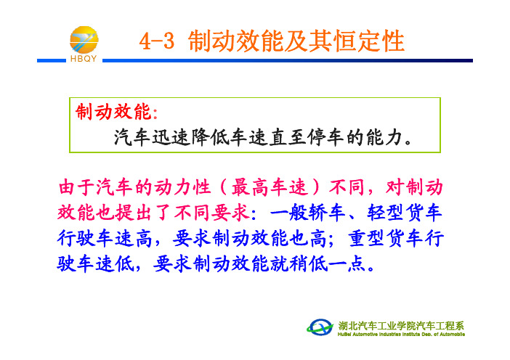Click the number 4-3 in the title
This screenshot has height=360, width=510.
point(156,41)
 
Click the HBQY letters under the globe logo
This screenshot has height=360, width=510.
point(84,59)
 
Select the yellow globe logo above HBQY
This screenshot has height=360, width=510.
point(84,40)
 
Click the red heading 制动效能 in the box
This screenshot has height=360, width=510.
point(113,112)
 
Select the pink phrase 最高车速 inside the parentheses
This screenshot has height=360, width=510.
point(270,187)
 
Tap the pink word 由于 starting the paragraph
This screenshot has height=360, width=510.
point(77,187)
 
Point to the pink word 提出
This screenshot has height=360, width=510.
point(134,213)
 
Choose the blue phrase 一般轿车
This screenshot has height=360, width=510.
point(308,213)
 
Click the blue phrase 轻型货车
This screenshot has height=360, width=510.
point(405,213)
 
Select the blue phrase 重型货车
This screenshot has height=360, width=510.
point(386,238)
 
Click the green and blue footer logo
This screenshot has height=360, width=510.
point(320,327)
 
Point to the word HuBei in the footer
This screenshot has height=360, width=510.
point(344,335)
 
